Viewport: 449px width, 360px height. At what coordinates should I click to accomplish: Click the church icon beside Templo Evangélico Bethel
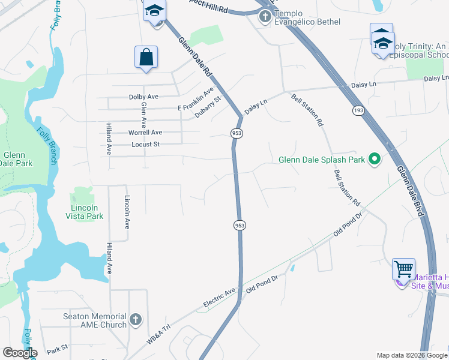tap(265, 16)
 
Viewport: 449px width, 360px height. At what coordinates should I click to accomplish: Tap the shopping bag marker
tap(146, 58)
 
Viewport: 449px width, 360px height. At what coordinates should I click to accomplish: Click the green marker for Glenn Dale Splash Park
tap(375, 159)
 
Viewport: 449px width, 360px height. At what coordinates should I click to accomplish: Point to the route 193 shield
tap(358, 111)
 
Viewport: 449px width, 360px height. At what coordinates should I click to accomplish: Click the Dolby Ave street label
tap(143, 97)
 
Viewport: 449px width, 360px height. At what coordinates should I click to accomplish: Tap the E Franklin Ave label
tap(196, 99)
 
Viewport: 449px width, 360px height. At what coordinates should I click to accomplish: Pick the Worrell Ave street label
tap(145, 133)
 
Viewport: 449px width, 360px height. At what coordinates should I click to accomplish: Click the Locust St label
tap(145, 145)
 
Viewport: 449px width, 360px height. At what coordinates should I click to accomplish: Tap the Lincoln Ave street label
tap(127, 212)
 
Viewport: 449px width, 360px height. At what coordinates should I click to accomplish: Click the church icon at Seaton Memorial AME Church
tap(136, 320)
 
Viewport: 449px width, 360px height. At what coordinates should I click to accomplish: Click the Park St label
tap(57, 348)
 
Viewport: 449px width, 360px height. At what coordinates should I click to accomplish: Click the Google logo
tap(20, 353)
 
